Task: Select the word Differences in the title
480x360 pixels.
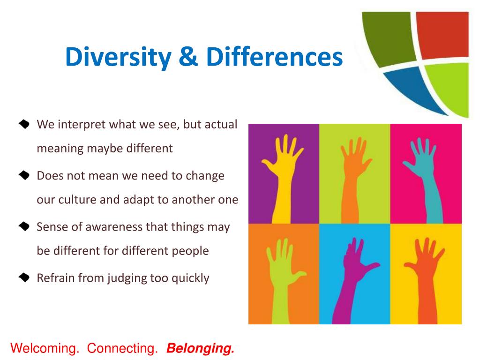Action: click(x=274, y=58)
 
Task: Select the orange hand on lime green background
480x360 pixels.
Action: click(x=352, y=173)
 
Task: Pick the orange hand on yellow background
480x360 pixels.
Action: click(x=424, y=277)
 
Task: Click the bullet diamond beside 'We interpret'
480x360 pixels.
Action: click(x=24, y=125)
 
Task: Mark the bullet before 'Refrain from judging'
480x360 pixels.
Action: click(x=24, y=278)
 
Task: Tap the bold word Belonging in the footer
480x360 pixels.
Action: click(x=200, y=349)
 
